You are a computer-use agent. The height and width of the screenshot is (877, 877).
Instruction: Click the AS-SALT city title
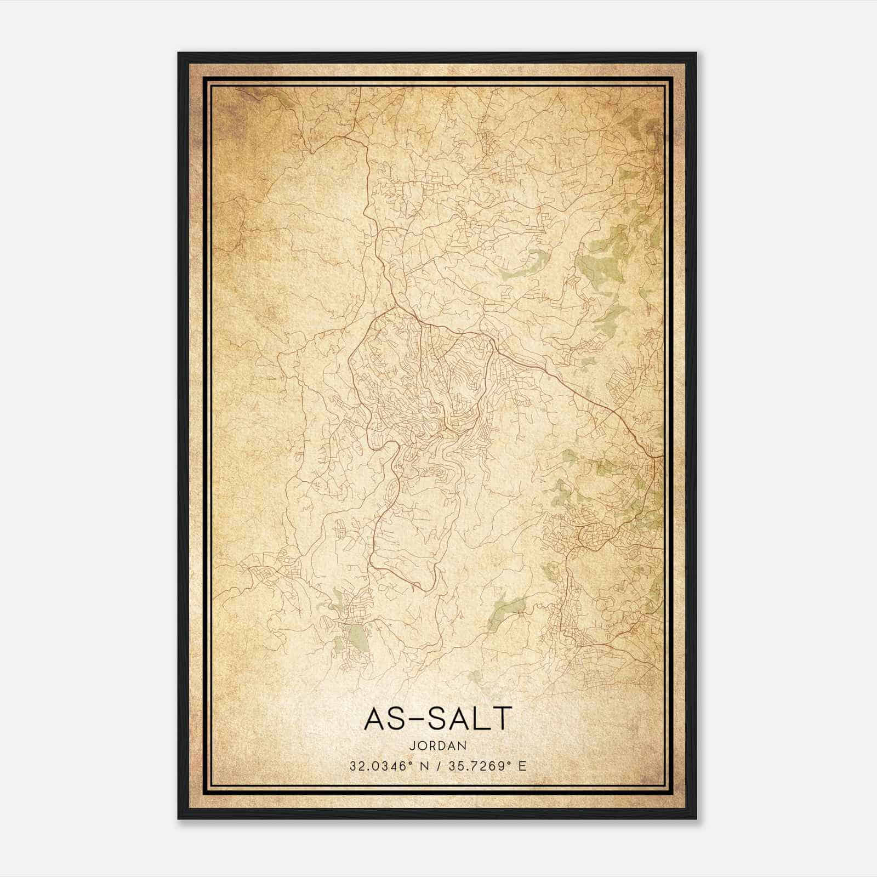[x=437, y=718]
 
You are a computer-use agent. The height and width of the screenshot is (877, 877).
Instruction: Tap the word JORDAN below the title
[x=437, y=746]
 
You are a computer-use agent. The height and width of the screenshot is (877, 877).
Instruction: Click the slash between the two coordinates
[x=437, y=766]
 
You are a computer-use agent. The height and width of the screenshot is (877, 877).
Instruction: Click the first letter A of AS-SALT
[x=374, y=718]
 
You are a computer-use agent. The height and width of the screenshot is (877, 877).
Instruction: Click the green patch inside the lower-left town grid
[x=357, y=636]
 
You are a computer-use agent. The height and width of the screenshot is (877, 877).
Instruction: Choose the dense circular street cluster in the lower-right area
[x=595, y=532]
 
